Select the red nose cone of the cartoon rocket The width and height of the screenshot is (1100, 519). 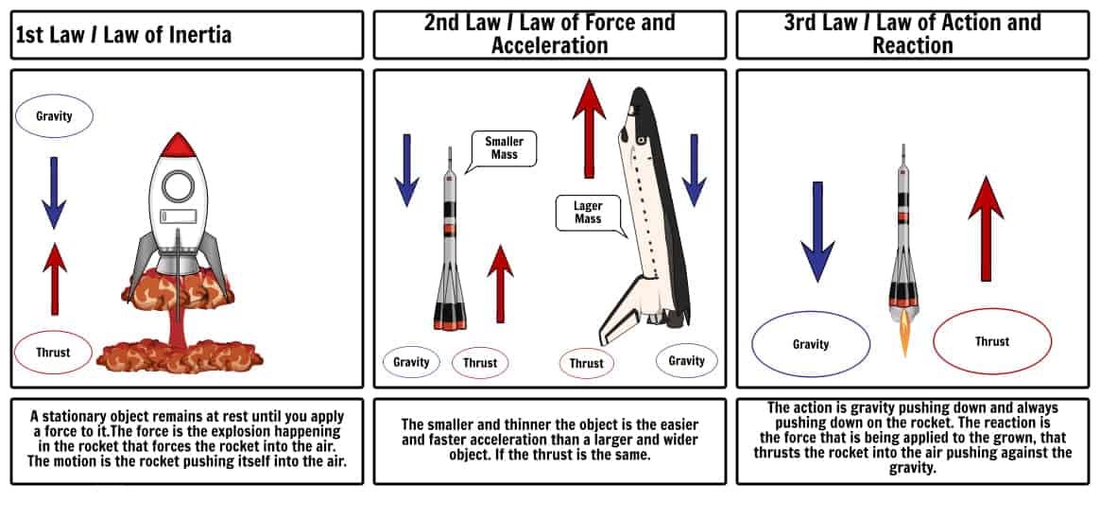click(x=179, y=145)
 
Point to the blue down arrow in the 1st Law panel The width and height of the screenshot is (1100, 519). click(x=54, y=193)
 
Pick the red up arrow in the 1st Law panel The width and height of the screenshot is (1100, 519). click(x=55, y=279)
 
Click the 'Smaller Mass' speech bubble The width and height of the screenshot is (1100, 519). click(x=505, y=148)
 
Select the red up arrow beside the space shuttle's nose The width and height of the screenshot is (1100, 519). click(x=589, y=129)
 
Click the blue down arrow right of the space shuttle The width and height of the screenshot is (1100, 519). click(x=694, y=170)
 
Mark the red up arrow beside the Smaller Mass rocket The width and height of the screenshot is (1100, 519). click(x=500, y=284)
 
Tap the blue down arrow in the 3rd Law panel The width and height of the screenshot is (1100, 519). click(x=817, y=232)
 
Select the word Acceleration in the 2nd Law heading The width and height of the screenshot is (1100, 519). click(x=550, y=45)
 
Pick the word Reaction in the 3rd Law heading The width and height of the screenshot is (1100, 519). click(x=913, y=45)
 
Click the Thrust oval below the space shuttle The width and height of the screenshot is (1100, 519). click(x=587, y=363)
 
